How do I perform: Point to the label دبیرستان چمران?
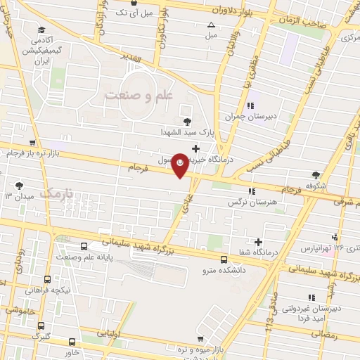click(x=245, y=117)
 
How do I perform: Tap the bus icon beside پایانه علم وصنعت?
click(x=85, y=247)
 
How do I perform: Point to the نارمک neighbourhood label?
click(x=57, y=191)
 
